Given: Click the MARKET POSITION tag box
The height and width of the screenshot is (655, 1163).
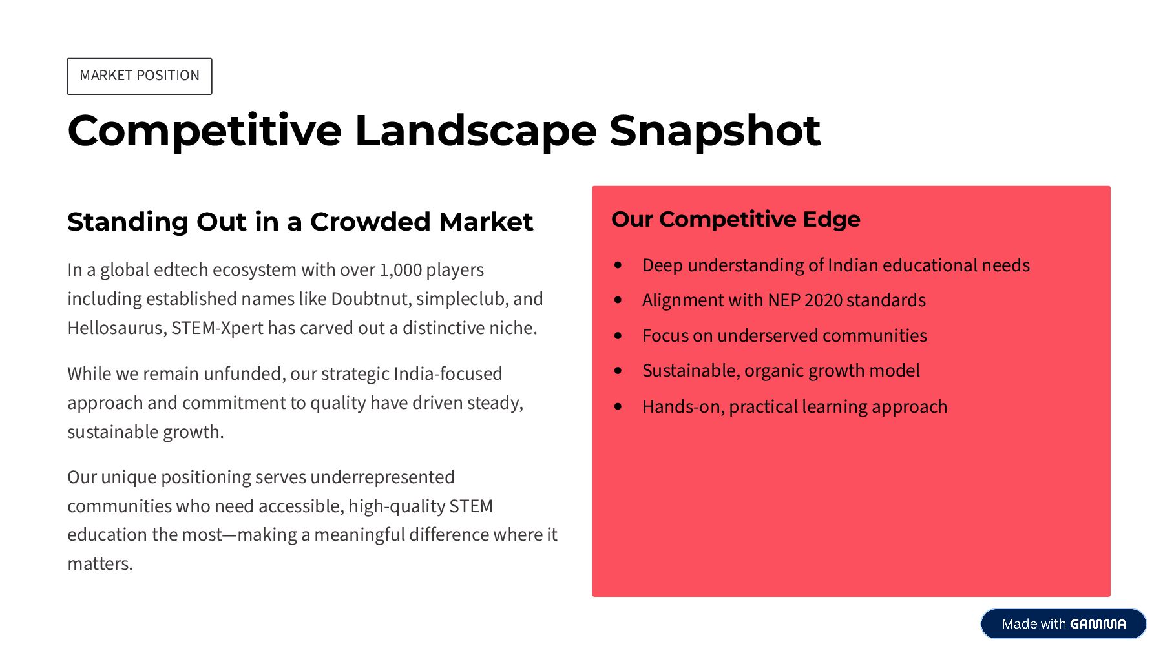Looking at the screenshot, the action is [x=140, y=76].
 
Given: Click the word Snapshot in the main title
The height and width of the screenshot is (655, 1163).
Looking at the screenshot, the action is [x=715, y=131].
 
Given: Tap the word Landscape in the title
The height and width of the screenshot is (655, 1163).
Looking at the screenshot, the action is [x=476, y=131].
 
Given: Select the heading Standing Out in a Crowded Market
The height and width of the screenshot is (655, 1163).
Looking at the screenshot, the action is [x=300, y=222].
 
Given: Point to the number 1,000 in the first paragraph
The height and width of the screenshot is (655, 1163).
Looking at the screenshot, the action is [x=401, y=270].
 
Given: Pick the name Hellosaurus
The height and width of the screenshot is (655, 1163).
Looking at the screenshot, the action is [x=117, y=328].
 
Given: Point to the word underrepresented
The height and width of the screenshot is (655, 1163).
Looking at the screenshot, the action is [x=382, y=477].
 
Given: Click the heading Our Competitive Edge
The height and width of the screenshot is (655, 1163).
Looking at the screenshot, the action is [x=736, y=220].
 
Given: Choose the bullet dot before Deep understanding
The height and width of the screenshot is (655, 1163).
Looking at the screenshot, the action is [x=618, y=265].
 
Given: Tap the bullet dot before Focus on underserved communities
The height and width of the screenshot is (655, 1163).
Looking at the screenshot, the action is [x=618, y=336].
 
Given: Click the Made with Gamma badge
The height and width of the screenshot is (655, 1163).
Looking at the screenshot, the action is [x=1063, y=624].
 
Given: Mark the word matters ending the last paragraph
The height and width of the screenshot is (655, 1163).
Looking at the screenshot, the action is [x=100, y=564].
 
